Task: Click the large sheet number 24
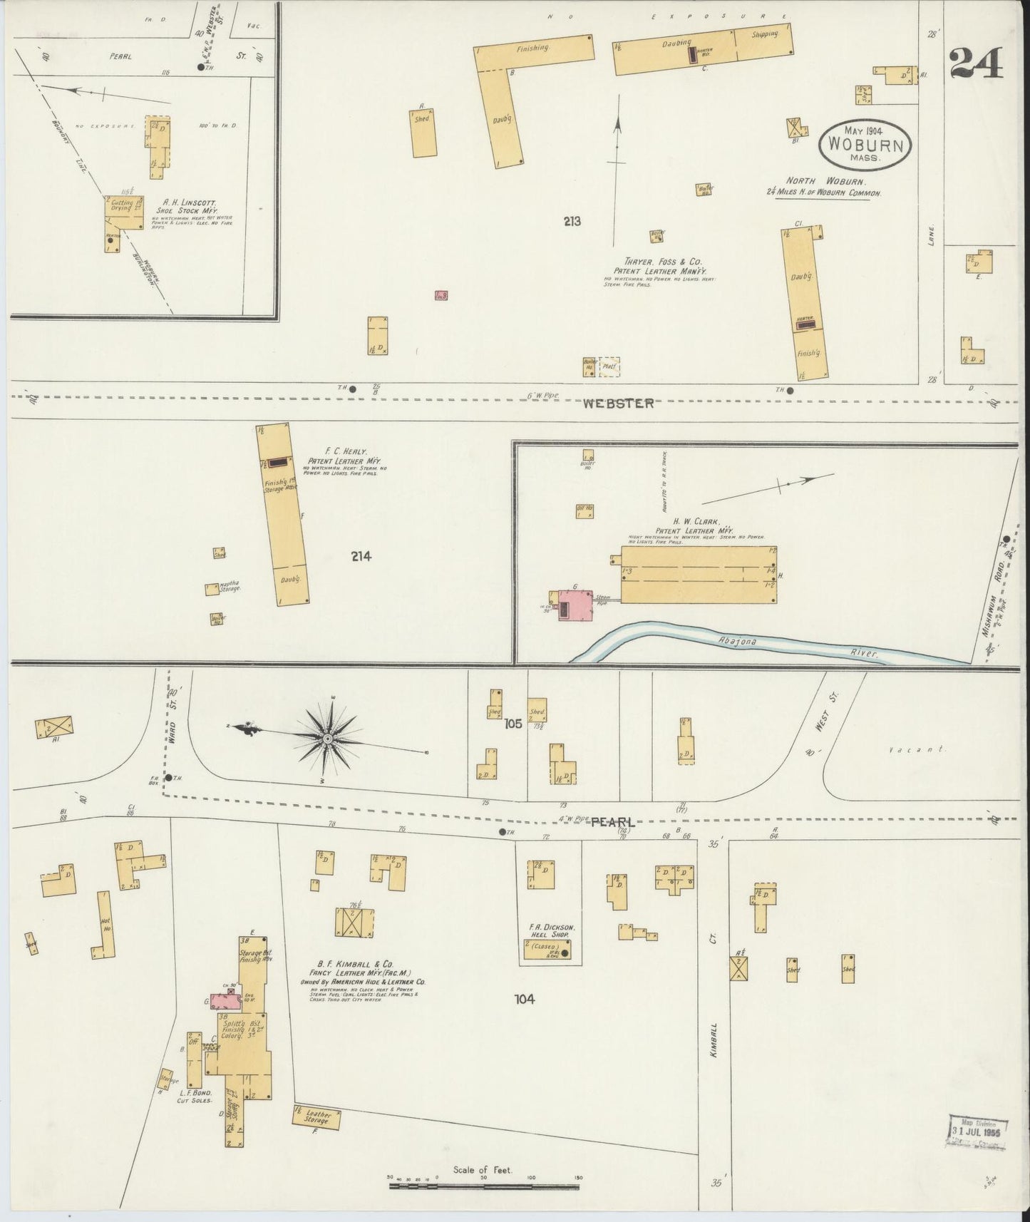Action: [976, 63]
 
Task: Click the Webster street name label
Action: [618, 404]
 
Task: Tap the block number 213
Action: [572, 222]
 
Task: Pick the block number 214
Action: [361, 557]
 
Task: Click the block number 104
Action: [525, 999]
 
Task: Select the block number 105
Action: [513, 724]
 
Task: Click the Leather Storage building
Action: [316, 1116]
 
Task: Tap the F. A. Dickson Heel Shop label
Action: [547, 930]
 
